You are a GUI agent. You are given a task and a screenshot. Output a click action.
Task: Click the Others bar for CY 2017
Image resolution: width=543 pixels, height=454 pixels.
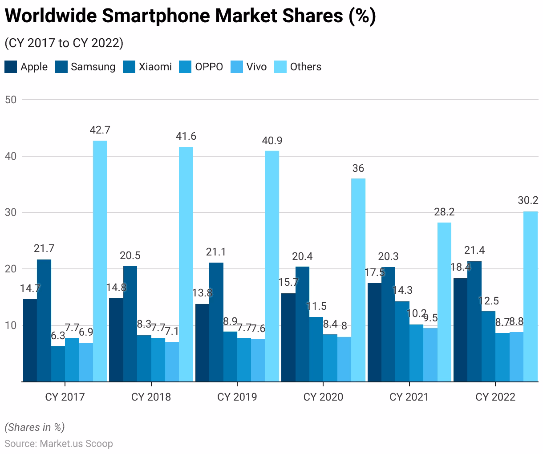(x=100, y=261)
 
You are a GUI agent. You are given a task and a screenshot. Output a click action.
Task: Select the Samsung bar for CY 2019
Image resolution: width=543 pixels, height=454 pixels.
(x=216, y=322)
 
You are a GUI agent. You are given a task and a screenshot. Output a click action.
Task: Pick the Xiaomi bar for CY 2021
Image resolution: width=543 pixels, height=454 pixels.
(x=402, y=341)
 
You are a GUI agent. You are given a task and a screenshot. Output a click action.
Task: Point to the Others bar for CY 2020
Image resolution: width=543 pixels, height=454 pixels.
(x=358, y=280)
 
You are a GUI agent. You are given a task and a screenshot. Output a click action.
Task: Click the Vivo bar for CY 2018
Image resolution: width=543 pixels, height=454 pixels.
(x=172, y=361)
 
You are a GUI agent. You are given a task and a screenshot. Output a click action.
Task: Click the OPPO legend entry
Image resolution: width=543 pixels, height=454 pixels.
(x=209, y=67)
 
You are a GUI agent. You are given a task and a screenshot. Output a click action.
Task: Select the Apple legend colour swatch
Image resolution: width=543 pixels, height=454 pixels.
(x=11, y=67)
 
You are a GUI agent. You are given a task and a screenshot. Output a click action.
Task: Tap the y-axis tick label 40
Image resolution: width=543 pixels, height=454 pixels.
(x=11, y=156)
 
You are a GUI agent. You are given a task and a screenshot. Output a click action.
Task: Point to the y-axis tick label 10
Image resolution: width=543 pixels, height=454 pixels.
(x=11, y=325)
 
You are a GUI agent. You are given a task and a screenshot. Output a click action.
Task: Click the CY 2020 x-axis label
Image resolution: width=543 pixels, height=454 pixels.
(x=323, y=397)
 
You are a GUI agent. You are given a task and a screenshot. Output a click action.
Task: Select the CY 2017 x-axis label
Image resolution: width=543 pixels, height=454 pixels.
(x=65, y=397)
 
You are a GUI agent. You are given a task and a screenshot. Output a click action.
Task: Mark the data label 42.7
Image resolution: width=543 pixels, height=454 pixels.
(x=100, y=130)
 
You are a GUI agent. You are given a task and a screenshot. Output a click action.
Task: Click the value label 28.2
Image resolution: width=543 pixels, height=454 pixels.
(x=444, y=212)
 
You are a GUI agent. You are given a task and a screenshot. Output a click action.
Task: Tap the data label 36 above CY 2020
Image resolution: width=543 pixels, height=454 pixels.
(x=358, y=168)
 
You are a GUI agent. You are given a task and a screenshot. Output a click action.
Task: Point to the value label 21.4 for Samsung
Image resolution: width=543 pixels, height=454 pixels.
(x=474, y=251)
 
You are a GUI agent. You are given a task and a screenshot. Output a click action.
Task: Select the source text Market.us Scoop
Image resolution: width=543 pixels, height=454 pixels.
(x=76, y=444)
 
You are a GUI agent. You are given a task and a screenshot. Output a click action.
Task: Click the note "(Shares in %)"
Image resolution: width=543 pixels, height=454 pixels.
(x=35, y=427)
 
